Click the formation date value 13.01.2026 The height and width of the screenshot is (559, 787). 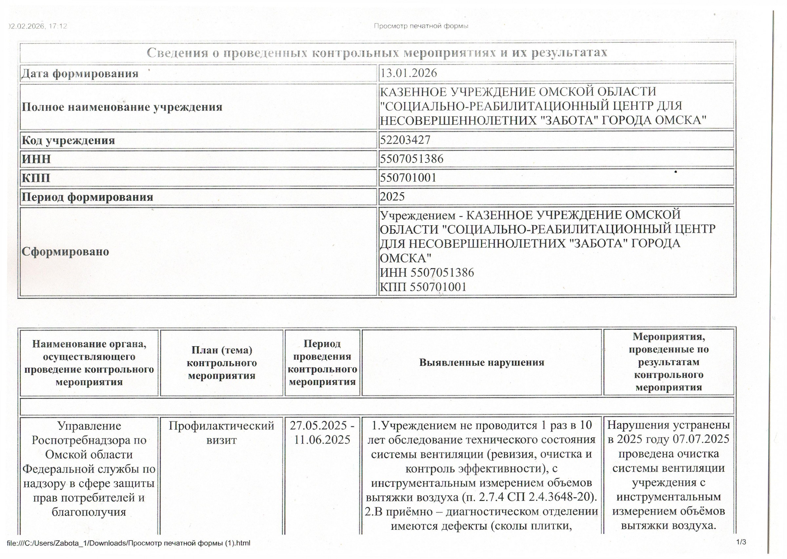pos(408,73)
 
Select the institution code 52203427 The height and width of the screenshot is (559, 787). pos(405,140)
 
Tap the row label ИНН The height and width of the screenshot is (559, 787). pos(36,159)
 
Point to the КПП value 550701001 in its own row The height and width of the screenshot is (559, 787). pos(408,178)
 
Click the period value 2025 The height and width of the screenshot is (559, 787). pos(392,196)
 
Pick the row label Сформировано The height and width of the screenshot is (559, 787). pos(65,251)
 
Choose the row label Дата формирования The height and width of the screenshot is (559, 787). pos(80,73)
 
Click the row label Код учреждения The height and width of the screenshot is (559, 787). pos(68,140)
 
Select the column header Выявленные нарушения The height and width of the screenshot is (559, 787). pos(481,363)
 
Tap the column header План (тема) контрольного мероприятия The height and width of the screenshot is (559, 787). pos(221,363)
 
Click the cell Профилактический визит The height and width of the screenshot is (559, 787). pos(221,433)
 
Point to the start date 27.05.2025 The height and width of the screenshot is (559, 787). pos(318,426)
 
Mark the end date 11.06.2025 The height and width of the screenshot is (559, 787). pos(322,440)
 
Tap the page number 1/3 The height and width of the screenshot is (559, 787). pos(741,542)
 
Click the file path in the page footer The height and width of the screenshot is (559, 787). pos(129,543)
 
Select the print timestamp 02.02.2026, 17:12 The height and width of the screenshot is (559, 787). pos(38,26)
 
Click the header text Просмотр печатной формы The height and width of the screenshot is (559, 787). pos(421,26)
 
